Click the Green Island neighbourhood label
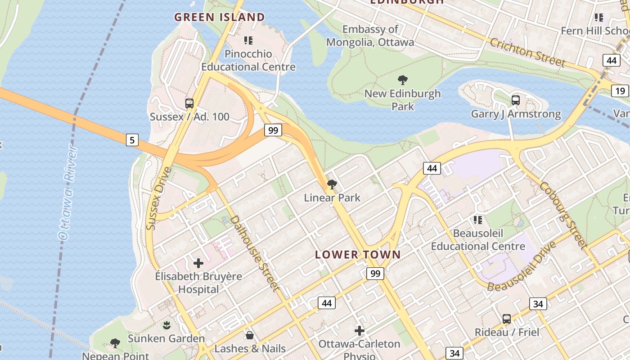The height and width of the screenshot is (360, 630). [x=220, y=17]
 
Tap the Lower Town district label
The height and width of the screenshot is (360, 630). [x=358, y=255]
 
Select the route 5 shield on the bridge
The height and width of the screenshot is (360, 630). [x=132, y=140]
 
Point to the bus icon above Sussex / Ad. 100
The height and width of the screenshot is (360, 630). [x=189, y=103]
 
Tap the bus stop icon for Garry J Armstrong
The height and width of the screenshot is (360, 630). [x=516, y=100]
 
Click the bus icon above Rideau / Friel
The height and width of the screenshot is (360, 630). [x=507, y=319]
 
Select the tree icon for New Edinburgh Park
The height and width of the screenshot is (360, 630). [x=403, y=81]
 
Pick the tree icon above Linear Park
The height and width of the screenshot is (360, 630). [x=332, y=184]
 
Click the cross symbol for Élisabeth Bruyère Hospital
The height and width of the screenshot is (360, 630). [x=198, y=263]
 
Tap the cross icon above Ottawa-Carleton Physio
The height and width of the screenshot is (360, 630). [x=359, y=331]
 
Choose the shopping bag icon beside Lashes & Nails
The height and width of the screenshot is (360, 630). [x=250, y=335]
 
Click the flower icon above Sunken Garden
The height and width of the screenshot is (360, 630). [x=166, y=325]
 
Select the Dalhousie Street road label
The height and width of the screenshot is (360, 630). [x=255, y=253]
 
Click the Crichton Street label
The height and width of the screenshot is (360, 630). [x=526, y=53]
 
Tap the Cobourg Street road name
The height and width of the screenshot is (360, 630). [x=563, y=215]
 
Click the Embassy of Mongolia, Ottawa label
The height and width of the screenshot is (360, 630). [x=370, y=36]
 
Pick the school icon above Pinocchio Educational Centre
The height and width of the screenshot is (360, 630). [x=248, y=40]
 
